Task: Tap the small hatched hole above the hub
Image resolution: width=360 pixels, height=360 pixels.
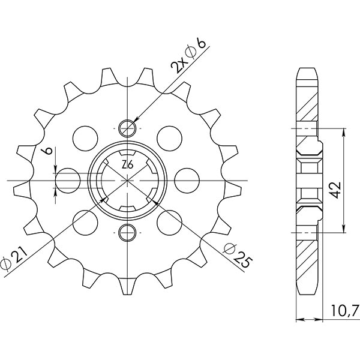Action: pos(128,127)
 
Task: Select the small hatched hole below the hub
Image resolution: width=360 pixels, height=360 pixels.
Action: pos(128,232)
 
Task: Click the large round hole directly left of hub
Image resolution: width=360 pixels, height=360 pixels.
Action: pos(67,179)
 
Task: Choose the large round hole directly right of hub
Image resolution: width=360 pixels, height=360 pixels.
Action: pos(188,179)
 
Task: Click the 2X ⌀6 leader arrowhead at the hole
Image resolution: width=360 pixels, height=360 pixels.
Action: pos(135,121)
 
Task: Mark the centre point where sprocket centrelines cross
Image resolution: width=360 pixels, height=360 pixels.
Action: pos(128,179)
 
